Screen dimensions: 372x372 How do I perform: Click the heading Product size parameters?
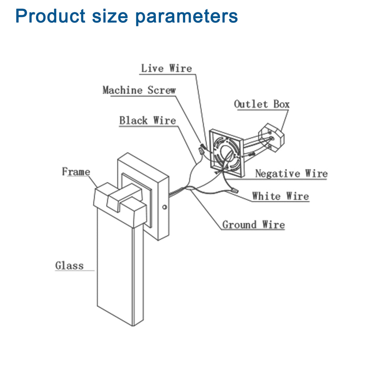[126, 16]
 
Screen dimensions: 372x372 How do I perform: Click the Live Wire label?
[166, 68]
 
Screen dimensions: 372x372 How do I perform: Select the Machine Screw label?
[139, 90]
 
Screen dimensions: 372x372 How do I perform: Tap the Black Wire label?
[147, 121]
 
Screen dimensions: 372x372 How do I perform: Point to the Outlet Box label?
[262, 104]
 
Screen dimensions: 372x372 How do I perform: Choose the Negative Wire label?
[291, 174]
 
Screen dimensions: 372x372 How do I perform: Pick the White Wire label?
[280, 197]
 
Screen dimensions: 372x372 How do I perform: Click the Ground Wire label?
[253, 225]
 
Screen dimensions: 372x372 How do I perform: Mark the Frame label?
[76, 171]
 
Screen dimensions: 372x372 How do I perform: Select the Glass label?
[69, 266]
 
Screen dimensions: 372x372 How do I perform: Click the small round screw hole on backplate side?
[165, 207]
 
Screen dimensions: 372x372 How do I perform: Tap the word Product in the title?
[50, 16]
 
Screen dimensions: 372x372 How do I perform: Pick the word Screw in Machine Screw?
[162, 90]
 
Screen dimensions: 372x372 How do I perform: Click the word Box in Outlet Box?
[282, 104]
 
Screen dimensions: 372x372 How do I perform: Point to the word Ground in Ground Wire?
[239, 225]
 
